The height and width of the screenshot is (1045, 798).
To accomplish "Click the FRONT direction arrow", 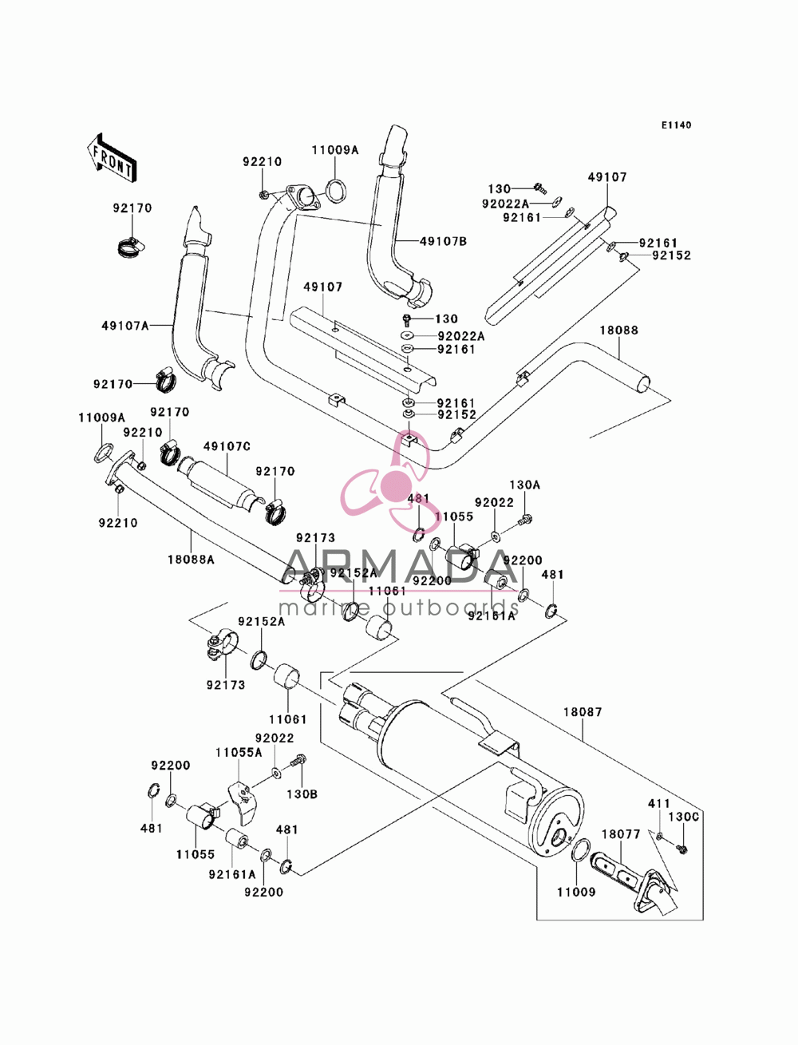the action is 113,157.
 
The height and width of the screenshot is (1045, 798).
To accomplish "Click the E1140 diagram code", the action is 676,125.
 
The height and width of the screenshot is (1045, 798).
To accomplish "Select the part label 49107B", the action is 443,241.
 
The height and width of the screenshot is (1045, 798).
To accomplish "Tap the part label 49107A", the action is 125,326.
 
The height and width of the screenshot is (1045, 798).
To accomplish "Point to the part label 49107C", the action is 227,446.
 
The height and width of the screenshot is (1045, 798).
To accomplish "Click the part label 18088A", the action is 191,560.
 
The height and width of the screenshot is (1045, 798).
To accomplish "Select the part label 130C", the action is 683,817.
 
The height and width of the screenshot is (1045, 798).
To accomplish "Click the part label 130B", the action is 302,794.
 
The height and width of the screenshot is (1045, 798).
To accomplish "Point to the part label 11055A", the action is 239,753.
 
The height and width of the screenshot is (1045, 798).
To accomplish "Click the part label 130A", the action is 524,485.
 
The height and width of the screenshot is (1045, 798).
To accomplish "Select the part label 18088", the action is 618,330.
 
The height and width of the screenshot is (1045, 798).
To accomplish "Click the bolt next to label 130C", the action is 682,848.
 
